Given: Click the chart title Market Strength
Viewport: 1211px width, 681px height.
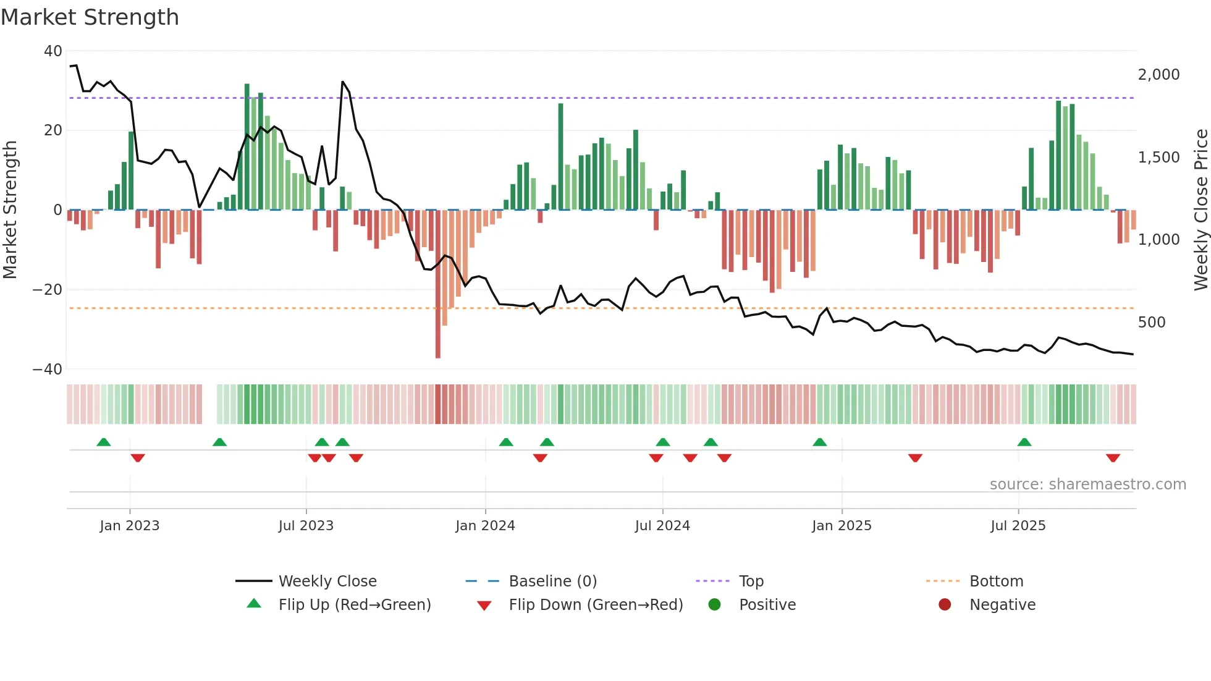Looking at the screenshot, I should pyautogui.click(x=90, y=17).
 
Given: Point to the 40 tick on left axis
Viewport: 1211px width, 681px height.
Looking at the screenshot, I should pyautogui.click(x=53, y=51).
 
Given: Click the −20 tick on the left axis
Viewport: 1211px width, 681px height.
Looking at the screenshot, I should pyautogui.click(x=48, y=290).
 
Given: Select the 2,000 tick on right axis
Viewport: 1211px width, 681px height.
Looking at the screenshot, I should pyautogui.click(x=1158, y=75).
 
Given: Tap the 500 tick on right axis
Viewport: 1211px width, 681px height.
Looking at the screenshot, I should pyautogui.click(x=1152, y=323).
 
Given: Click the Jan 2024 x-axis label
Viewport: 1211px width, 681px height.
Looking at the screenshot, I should pyautogui.click(x=485, y=526).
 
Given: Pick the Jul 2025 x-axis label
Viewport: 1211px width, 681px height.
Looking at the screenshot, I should pyautogui.click(x=1018, y=526).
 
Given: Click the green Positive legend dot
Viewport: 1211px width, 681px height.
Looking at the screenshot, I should pyautogui.click(x=715, y=605).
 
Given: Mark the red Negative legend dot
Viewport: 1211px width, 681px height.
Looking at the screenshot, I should pyautogui.click(x=945, y=605).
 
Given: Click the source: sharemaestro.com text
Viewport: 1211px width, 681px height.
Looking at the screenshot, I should pyautogui.click(x=1087, y=484).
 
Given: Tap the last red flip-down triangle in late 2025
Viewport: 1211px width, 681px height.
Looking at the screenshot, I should pyautogui.click(x=1113, y=458).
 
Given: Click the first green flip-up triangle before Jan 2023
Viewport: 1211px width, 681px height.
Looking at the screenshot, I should pyautogui.click(x=104, y=442).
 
